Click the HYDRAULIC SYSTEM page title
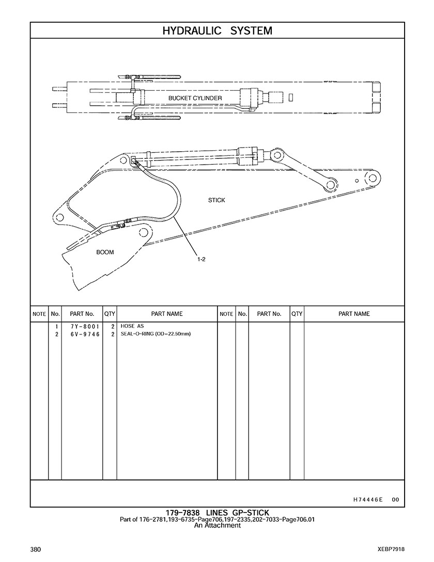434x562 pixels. click(217, 31)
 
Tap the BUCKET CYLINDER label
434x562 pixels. click(195, 98)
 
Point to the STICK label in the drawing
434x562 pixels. click(216, 200)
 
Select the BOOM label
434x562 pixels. click(105, 252)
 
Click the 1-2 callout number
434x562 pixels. click(200, 259)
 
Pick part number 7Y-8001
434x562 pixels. click(85, 327)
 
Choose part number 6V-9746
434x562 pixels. click(85, 334)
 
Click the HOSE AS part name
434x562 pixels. click(132, 326)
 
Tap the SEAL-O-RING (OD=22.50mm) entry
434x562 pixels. click(156, 334)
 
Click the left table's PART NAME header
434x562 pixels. click(167, 314)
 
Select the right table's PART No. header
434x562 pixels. click(269, 314)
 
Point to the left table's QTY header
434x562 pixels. click(110, 314)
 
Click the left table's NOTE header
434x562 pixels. click(39, 314)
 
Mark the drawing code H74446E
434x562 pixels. click(368, 500)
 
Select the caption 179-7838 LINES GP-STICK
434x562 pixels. click(217, 513)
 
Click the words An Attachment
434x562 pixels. click(217, 525)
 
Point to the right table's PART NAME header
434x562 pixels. click(354, 314)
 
